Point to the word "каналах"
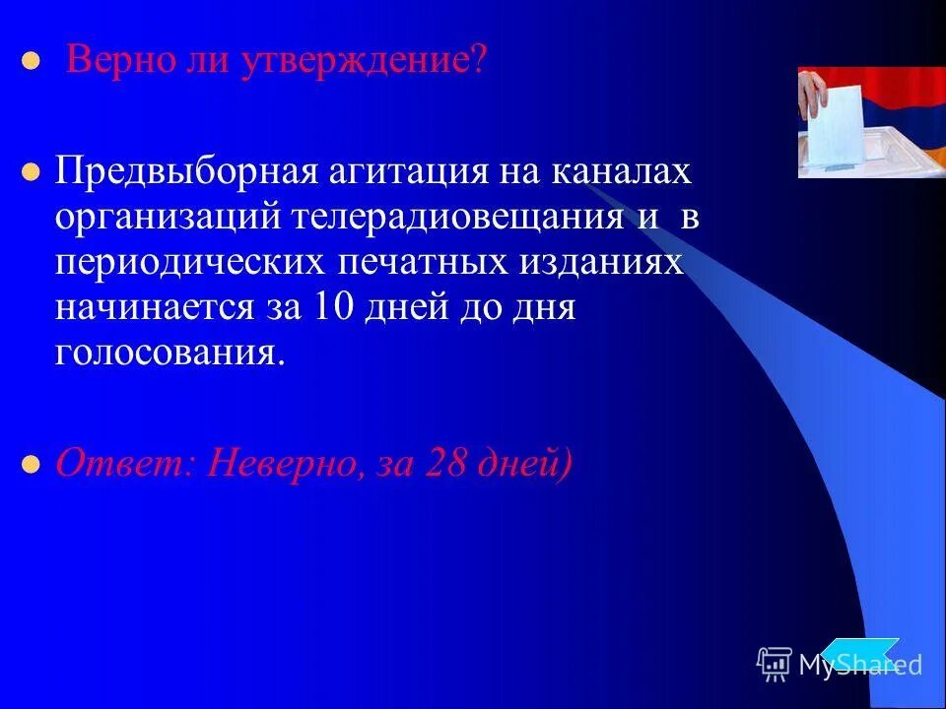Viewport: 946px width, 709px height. (620, 172)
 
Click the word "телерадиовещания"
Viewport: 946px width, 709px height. (456, 219)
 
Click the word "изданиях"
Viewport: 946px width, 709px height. (607, 264)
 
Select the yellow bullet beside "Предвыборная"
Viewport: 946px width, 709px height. (31, 172)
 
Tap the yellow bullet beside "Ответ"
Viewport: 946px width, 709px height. (31, 463)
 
